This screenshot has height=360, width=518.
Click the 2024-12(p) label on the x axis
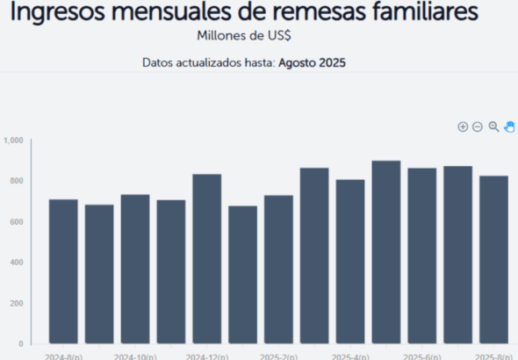(x=207, y=356)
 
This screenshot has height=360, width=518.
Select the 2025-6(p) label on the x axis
(x=422, y=356)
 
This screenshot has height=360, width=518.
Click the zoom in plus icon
(x=463, y=127)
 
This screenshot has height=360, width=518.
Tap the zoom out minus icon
(x=478, y=127)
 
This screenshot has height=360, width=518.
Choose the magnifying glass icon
(x=493, y=127)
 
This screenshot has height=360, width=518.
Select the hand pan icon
(x=509, y=127)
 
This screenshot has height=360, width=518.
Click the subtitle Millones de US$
(x=245, y=37)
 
